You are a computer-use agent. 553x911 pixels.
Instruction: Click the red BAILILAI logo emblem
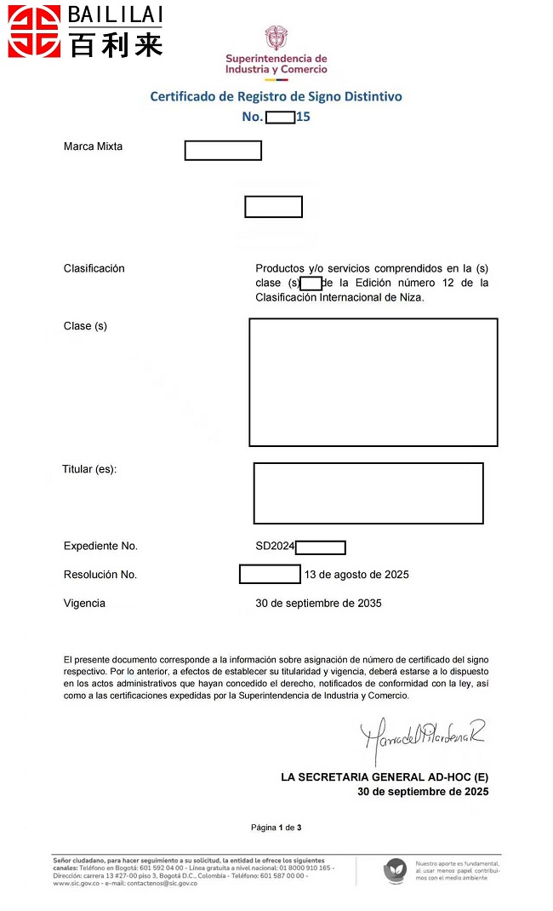(34, 31)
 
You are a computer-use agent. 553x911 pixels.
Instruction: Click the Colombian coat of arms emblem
(276, 38)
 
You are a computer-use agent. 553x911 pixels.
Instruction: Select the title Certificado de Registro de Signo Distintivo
(276, 97)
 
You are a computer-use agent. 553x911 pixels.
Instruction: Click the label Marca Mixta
(93, 146)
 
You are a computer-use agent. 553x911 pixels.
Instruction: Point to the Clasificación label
(94, 268)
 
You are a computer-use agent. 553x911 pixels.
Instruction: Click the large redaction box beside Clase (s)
(373, 382)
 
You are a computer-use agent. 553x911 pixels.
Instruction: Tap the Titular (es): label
(89, 469)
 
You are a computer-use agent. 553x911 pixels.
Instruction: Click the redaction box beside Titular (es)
(368, 493)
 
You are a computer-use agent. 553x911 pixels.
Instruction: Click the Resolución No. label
(100, 575)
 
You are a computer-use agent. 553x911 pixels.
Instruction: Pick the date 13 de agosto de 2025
(356, 575)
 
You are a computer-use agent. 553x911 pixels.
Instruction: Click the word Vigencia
(84, 604)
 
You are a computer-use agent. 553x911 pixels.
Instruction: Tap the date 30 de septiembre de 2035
(318, 604)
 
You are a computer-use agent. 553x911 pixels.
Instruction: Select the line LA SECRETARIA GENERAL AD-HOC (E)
(385, 777)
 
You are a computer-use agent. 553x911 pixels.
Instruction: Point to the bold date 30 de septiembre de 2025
(423, 792)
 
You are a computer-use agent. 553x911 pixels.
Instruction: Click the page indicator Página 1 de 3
(276, 828)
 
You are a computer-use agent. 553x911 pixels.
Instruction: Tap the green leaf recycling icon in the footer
(395, 869)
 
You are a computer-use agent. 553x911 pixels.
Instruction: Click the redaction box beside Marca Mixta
(223, 151)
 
